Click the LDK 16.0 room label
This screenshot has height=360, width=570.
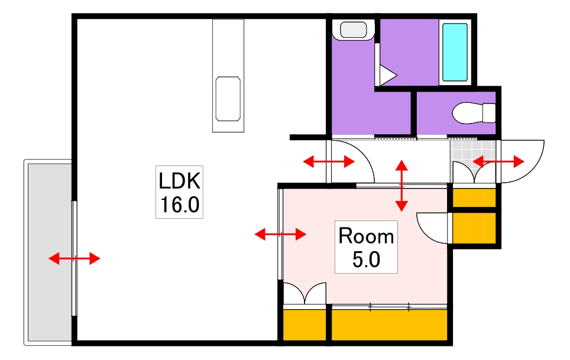click(179, 192)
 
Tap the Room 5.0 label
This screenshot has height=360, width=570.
click(366, 247)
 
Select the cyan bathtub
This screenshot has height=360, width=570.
click(454, 52)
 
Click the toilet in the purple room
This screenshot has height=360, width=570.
click(474, 113)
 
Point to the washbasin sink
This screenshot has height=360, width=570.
click(354, 30)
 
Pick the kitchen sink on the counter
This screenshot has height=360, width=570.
click(228, 99)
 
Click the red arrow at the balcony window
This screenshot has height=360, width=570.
click(74, 259)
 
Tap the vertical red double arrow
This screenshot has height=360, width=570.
click(401, 186)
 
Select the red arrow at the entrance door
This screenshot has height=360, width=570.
click(498, 161)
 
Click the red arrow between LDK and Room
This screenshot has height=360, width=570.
click(280, 234)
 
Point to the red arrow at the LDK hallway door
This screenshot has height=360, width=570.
click(329, 161)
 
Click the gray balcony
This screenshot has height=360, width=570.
click(50, 252)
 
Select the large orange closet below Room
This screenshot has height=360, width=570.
click(389, 325)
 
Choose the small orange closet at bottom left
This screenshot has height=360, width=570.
click(305, 325)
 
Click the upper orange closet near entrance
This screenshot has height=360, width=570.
click(474, 197)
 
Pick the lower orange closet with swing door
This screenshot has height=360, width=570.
click(474, 228)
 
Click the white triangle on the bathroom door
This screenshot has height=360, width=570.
click(388, 75)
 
